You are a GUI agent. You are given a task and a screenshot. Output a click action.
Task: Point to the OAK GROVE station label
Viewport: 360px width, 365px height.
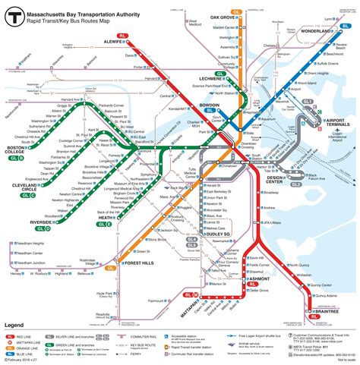click(x=222, y=17)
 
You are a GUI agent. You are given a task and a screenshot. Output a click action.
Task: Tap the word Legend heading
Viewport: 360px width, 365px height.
click(x=16, y=325)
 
